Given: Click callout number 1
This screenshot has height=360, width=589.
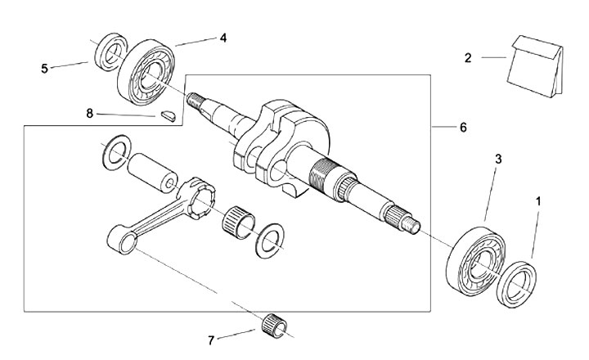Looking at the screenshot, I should tap(538, 200).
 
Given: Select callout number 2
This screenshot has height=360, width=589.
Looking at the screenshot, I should tap(468, 57).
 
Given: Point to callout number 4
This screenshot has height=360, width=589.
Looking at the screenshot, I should tap(222, 38).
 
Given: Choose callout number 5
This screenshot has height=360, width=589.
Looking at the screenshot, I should tap(44, 69).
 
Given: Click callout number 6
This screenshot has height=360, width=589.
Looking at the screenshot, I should tap(463, 128).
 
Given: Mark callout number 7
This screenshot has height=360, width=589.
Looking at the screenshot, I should tap(211, 339).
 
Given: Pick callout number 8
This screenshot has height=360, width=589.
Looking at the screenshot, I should tap(90, 113).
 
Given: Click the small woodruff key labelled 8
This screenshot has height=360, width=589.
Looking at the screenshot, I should tap(169, 115).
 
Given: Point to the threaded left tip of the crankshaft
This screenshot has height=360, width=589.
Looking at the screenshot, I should tap(196, 101).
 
